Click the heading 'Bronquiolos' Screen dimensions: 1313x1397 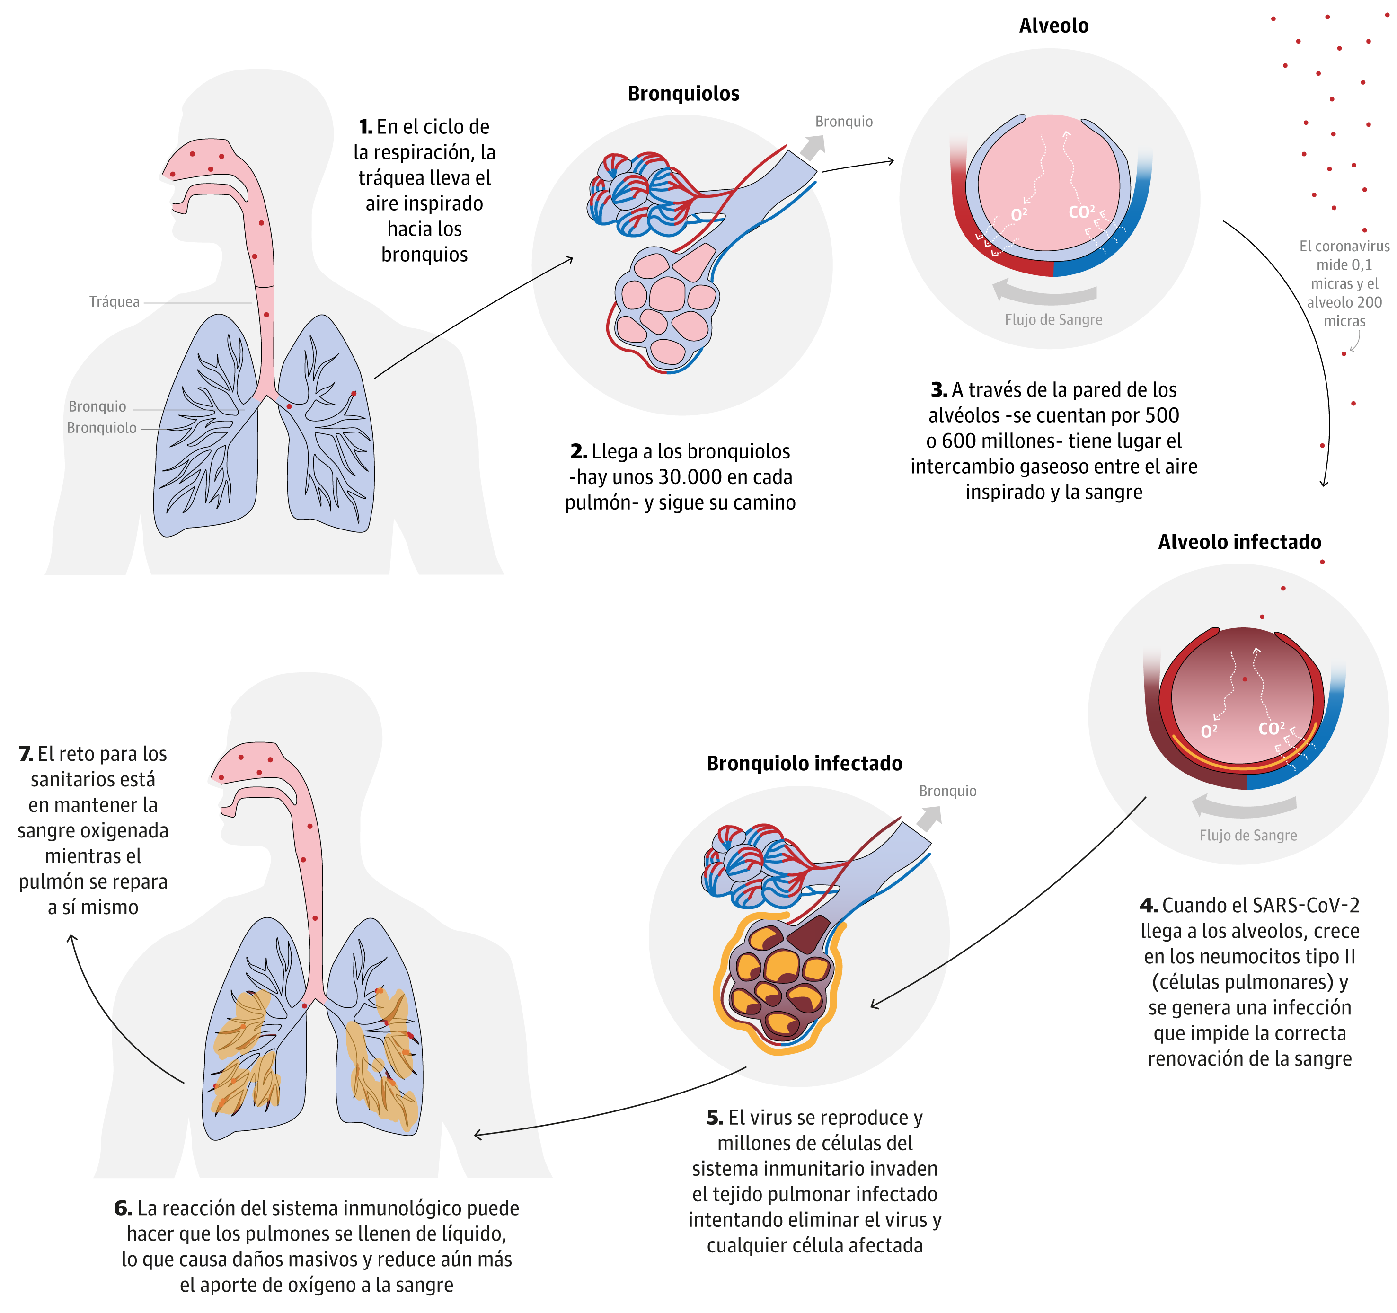tap(683, 93)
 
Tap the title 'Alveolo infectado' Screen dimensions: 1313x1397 tap(1239, 542)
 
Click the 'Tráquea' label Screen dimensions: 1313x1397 tap(114, 301)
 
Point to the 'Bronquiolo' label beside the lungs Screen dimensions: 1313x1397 tap(101, 428)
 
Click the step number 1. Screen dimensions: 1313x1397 tap(365, 127)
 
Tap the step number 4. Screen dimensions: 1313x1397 tap(1148, 906)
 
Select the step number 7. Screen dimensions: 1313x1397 tap(26, 754)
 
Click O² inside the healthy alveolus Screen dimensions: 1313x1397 tap(1018, 214)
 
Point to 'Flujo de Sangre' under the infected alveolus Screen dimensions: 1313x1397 tap(1248, 835)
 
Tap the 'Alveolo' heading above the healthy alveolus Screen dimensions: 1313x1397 tap(1053, 26)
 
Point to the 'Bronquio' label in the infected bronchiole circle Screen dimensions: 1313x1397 tap(947, 791)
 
